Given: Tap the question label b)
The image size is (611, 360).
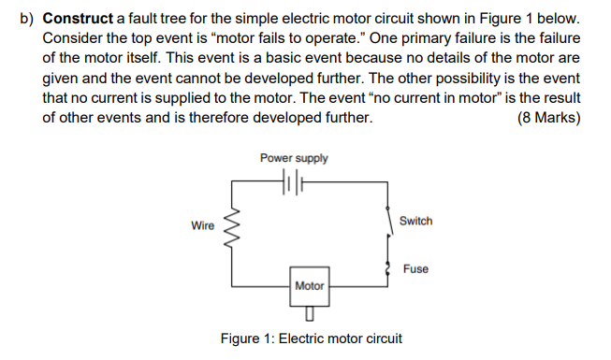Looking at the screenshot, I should point(29,19).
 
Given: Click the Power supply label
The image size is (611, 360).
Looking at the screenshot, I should point(294,158).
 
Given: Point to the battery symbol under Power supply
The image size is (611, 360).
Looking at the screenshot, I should point(295,181).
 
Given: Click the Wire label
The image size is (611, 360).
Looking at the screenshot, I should point(203,226).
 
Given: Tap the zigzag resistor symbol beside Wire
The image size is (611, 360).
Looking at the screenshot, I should point(233,230).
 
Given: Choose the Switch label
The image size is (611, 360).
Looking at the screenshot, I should point(415,221).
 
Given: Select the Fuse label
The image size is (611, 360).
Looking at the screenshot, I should point(415,268).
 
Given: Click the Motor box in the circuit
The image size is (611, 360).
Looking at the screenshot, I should point(309,286).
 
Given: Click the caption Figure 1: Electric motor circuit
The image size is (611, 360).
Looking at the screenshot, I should point(311,338).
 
